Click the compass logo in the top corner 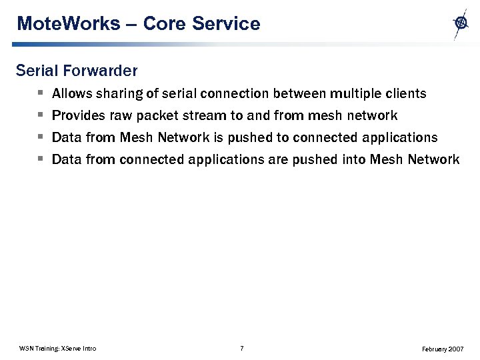(460, 23)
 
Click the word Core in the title (165, 24)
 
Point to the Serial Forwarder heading (77, 70)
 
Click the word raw (121, 115)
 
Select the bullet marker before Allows (41, 93)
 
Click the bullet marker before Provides (41, 115)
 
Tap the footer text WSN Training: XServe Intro (58, 349)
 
